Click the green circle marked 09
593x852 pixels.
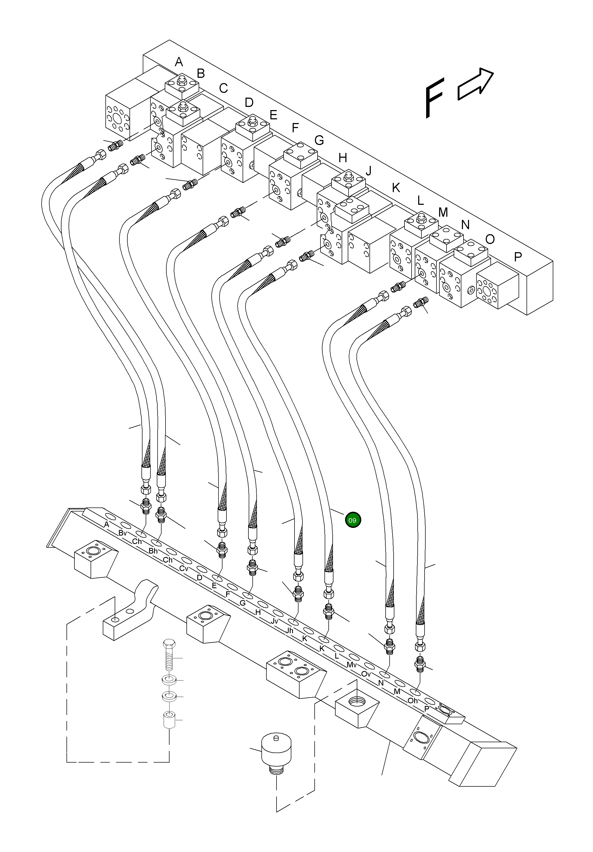353,520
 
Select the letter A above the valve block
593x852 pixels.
179,62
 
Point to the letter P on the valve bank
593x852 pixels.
518,256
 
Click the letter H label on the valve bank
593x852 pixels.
342,158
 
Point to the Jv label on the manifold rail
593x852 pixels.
274,621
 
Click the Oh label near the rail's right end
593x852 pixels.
413,701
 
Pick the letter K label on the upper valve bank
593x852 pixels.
396,188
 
